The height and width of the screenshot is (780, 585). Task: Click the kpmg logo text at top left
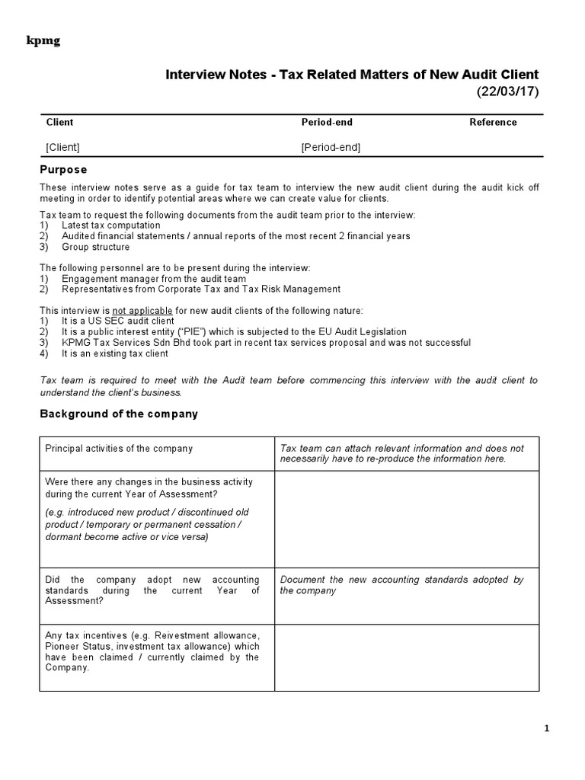pos(43,41)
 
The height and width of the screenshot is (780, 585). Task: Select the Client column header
pos(60,122)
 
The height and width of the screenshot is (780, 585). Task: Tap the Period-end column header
pos(327,122)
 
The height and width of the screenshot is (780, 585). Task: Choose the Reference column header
pos(493,122)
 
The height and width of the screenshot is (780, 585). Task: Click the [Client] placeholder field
pos(62,147)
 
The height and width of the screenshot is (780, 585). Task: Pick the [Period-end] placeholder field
pos(331,147)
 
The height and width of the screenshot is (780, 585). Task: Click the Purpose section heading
pos(63,169)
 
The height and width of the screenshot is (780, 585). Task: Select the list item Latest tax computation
pos(111,225)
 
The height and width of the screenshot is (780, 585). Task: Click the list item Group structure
pos(96,247)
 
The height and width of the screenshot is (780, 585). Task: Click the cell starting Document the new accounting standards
pos(401,585)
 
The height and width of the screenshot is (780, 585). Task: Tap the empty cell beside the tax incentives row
pos(406,657)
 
